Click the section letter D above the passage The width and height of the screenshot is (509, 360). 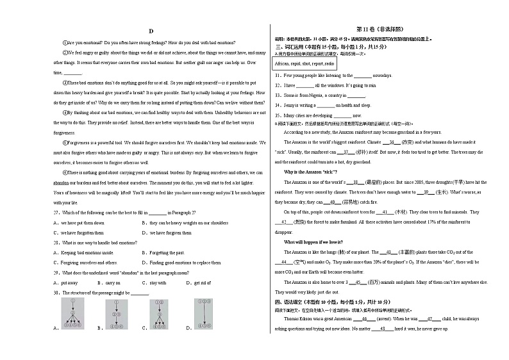point(151,31)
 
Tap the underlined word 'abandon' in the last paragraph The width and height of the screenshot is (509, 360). point(61,182)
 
